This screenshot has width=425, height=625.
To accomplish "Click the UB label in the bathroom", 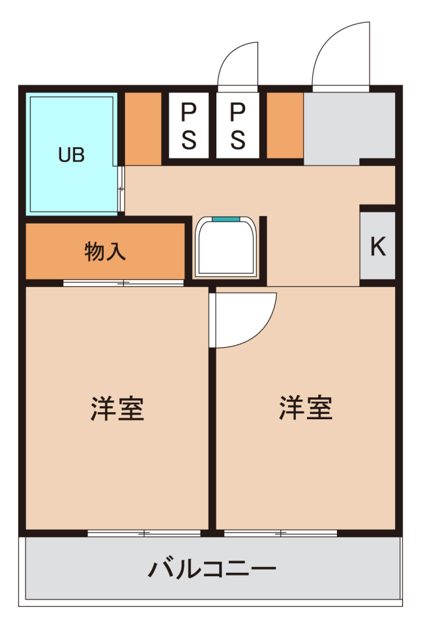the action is [72, 155].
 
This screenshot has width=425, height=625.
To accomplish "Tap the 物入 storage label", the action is [105, 251].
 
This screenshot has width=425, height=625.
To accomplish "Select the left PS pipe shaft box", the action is [189, 126].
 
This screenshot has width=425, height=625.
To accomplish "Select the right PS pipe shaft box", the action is [237, 126].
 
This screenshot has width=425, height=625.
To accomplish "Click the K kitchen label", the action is [378, 246].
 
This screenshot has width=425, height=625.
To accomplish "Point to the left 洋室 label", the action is [117, 408].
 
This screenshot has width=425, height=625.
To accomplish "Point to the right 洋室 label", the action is [305, 408].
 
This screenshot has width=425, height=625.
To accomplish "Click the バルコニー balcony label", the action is [212, 568].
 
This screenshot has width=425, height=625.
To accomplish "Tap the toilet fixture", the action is [226, 247].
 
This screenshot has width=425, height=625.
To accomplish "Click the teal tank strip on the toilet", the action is [226, 219].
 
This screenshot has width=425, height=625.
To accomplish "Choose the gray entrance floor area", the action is [349, 128].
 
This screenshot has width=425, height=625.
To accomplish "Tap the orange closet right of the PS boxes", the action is [285, 126].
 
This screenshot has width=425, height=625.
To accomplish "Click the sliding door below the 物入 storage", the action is [123, 283].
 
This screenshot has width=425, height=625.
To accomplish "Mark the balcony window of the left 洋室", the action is [144, 533].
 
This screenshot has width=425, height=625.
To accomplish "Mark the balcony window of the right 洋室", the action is [280, 533].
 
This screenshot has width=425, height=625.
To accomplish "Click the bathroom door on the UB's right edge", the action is [121, 189].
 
